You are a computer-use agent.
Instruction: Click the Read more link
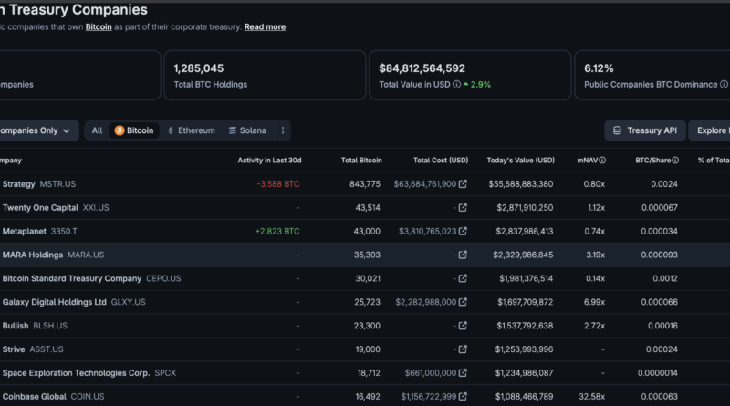pos(265,27)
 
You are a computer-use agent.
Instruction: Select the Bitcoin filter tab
pos(134,130)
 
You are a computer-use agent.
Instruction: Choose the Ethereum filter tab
pos(192,130)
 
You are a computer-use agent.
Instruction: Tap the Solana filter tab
pos(247,130)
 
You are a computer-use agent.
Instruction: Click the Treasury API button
pos(645,130)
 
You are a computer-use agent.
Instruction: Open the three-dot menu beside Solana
pos(283,130)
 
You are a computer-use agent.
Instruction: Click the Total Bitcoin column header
pos(361,161)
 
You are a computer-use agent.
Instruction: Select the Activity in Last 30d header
pos(269,161)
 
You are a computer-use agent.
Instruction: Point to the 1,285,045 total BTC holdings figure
pos(199,68)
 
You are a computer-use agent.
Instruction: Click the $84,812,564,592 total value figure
pos(422,68)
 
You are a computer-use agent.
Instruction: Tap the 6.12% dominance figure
pos(599,68)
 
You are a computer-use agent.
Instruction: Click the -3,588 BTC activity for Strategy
pos(278,184)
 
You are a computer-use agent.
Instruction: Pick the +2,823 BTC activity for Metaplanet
pos(277,232)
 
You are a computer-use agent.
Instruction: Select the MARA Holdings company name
pos(33,255)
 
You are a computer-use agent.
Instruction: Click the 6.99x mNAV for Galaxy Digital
pos(594,302)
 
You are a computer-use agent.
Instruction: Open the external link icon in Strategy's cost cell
pos(463,184)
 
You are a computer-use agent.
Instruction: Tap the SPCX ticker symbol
pos(165,373)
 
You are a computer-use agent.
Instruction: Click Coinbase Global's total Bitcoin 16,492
pos(368,397)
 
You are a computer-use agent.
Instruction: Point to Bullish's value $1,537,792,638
pos(525,326)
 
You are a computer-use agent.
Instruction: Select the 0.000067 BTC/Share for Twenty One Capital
pos(659,208)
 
